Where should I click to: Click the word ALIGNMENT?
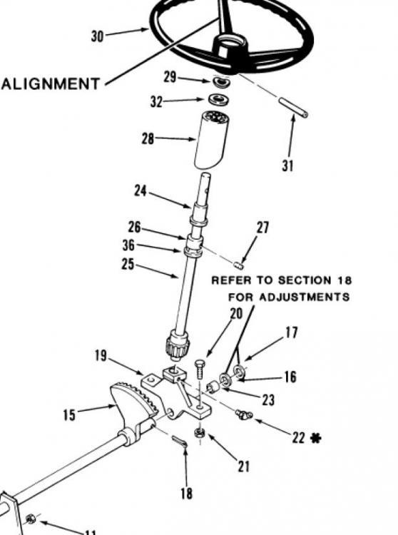pyautogui.click(x=51, y=83)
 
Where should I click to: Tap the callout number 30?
pyautogui.click(x=97, y=36)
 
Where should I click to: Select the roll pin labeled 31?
pyautogui.click(x=294, y=108)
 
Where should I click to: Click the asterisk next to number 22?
pyautogui.click(x=316, y=437)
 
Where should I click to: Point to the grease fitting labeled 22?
pyautogui.click(x=243, y=414)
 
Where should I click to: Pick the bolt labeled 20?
pyautogui.click(x=200, y=369)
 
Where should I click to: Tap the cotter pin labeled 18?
pyautogui.click(x=179, y=441)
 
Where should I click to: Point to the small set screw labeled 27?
pyautogui.click(x=239, y=264)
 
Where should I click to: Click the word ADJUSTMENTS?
pyautogui.click(x=305, y=297)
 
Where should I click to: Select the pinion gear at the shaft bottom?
pyautogui.click(x=178, y=345)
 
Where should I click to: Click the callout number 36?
pyautogui.click(x=128, y=245)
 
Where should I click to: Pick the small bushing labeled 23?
pyautogui.click(x=213, y=387)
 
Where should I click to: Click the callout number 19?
pyautogui.click(x=101, y=356)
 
